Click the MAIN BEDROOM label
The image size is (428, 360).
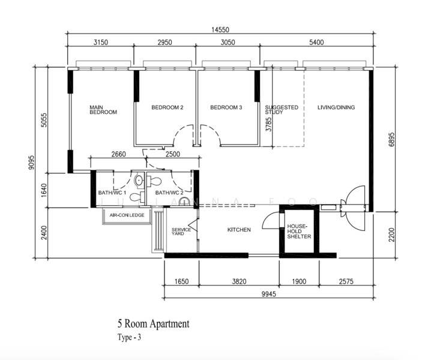point(103,110)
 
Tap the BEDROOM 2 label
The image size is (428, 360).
point(167,107)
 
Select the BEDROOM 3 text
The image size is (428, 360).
point(226,107)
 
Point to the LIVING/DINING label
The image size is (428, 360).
point(336,107)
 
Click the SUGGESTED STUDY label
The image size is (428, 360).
point(282,110)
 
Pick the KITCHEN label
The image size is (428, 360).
point(239,230)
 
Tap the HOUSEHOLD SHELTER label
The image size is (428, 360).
point(299,232)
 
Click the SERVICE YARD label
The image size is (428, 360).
point(181,232)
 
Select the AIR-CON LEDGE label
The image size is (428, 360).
point(127,215)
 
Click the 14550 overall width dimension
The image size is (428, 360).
point(220,30)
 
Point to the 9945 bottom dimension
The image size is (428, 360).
point(269,294)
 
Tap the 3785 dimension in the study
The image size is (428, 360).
point(269,124)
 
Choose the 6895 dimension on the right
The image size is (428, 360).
point(391,139)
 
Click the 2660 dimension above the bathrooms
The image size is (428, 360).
point(119,154)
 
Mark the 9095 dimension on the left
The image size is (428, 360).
point(32,163)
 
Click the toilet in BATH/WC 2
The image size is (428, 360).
point(154,181)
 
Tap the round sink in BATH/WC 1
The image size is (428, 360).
point(139,180)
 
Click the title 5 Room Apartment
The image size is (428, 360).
point(154,323)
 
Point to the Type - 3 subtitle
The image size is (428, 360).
point(130,337)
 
